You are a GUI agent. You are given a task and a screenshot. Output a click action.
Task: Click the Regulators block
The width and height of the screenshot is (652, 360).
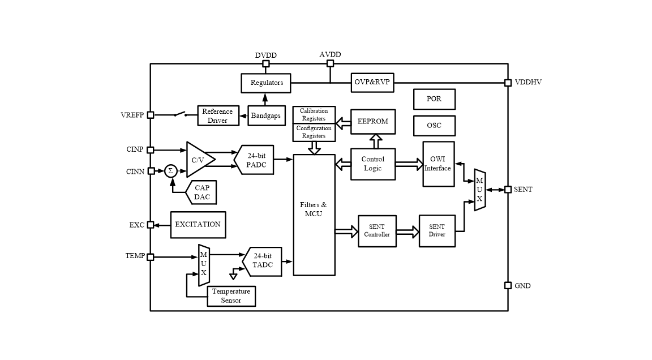click(x=266, y=83)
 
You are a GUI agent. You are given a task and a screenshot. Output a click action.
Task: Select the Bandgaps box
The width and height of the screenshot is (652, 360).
click(x=265, y=115)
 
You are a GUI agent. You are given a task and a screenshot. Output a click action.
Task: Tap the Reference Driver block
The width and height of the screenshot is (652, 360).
click(x=218, y=116)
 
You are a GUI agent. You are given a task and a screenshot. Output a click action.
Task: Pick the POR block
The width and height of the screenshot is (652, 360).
click(x=434, y=99)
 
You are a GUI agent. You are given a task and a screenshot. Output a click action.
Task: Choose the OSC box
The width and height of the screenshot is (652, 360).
click(x=434, y=126)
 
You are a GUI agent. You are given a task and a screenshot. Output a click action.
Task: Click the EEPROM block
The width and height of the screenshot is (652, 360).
click(x=372, y=122)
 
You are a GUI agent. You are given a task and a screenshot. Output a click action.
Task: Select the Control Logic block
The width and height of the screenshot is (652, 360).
click(x=372, y=164)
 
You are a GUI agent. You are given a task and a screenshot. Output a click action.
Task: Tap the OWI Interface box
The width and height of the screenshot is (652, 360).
click(x=438, y=164)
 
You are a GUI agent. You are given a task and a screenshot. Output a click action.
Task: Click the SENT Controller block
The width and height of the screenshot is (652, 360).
click(x=377, y=231)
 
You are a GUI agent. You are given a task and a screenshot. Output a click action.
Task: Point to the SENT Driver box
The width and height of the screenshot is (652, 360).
click(x=437, y=231)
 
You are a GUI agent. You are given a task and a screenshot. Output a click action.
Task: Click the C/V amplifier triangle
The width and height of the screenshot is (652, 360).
click(x=199, y=160)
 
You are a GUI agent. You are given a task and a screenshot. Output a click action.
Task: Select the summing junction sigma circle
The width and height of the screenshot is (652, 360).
click(x=170, y=171)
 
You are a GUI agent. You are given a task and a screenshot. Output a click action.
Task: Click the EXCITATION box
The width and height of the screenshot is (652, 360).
click(x=198, y=225)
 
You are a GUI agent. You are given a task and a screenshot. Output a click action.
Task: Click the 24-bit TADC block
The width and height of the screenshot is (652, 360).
click(x=263, y=261)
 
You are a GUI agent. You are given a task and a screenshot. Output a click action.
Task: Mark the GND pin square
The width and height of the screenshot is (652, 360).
click(x=508, y=286)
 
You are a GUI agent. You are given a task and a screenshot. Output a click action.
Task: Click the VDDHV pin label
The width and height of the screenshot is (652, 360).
click(x=527, y=83)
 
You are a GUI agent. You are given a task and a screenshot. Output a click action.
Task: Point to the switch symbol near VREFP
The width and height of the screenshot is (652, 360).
click(x=181, y=115)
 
